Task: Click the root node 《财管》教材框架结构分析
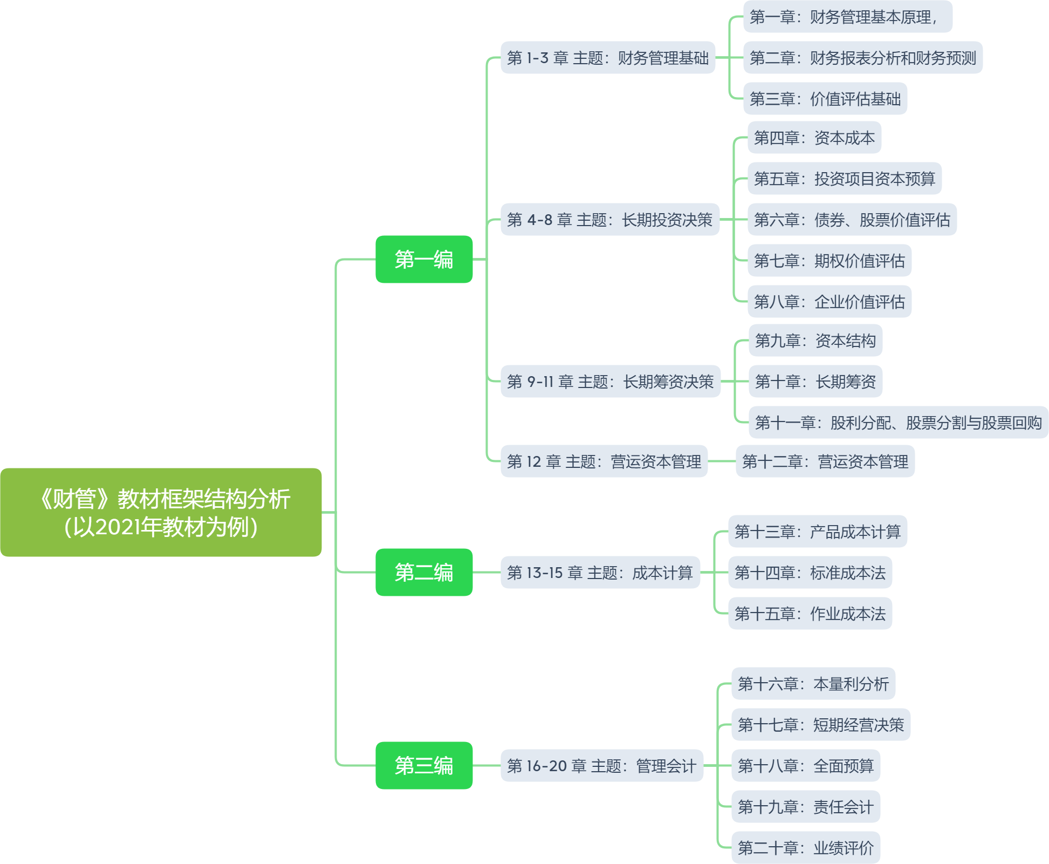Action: coord(161,512)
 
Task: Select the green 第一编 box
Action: coord(424,260)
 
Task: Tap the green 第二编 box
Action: coord(424,572)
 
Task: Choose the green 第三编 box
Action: coord(424,765)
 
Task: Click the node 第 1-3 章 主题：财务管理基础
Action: coord(608,58)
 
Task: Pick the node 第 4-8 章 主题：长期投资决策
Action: coord(610,220)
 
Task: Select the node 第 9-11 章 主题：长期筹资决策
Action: coord(611,382)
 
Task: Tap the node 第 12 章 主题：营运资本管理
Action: coord(604,461)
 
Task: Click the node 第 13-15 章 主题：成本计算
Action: coord(600,573)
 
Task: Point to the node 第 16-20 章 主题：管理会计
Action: coord(602,766)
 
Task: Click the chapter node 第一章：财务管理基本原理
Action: coord(847,17)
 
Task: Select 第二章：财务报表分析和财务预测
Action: coord(863,58)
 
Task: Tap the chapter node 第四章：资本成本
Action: coord(814,138)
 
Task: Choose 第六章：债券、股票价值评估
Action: coord(852,220)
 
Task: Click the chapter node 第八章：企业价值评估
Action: coord(829,302)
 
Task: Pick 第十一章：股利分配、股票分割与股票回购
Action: coord(899,423)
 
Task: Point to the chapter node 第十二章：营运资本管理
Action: coord(825,461)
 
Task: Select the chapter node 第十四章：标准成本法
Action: coord(810,573)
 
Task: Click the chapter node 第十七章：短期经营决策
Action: coord(821,725)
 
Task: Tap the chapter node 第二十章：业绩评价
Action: coord(806,848)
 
